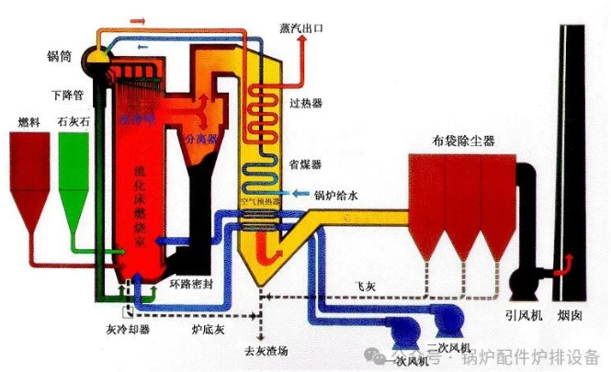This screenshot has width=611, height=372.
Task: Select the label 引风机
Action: [x=523, y=314]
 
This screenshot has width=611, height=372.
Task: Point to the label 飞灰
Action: [x=365, y=287]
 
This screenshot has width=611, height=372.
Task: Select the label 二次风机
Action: [x=448, y=346]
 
